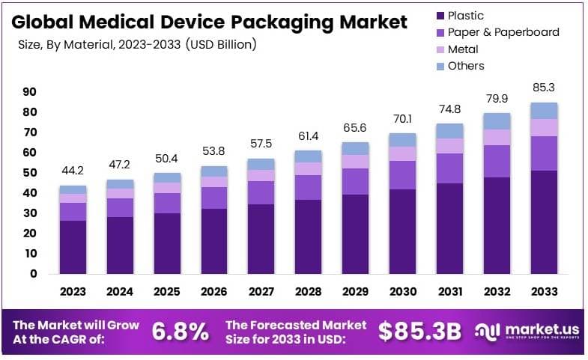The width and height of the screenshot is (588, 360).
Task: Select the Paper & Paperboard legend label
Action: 503,32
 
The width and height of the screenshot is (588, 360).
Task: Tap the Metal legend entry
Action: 463,49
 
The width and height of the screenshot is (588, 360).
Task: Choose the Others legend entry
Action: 466,66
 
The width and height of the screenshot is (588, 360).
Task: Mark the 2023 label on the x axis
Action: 73,292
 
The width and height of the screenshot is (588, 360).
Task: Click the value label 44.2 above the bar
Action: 73,171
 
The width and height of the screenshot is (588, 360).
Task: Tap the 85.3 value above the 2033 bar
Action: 543,88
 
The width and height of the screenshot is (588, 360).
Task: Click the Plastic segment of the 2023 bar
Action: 73,247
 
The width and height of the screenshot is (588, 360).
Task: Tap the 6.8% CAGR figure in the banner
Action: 181,332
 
